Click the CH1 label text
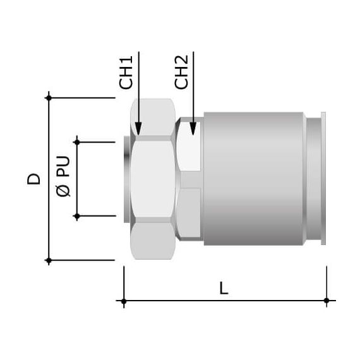127,74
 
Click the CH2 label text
182,74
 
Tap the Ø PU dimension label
63,179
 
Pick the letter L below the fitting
224,288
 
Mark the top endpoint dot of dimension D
49,98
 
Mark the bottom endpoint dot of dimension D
49,260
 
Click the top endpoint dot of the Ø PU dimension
77,142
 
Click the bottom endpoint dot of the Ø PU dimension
77,217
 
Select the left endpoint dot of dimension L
124,301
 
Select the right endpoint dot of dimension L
326,301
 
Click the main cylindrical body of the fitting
253,179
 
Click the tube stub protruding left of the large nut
129,179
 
